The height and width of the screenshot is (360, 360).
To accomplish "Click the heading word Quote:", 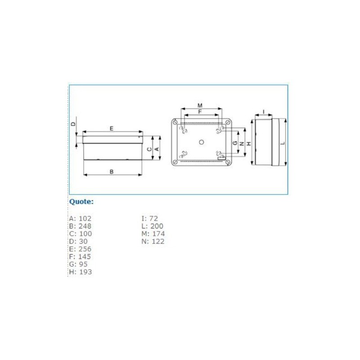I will point(81,202).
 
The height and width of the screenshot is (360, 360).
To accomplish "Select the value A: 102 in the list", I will point(80,218).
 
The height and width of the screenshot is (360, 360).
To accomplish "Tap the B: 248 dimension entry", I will point(80,226).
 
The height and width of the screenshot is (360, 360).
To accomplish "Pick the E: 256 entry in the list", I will point(80,249).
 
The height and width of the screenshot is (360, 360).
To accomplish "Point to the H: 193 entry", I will point(80,272).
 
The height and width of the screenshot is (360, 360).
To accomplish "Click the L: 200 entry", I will point(153,226).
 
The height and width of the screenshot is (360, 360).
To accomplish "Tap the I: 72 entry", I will point(150,218).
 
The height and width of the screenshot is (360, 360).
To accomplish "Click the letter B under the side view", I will point(112,171).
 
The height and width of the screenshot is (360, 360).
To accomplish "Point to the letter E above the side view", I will point(112,129).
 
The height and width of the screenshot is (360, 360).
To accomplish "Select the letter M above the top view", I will point(200,105).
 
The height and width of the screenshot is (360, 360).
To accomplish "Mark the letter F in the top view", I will point(200,111).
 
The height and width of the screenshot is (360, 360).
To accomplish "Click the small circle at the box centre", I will point(202,142).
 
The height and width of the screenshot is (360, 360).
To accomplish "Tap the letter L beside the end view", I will point(282,143).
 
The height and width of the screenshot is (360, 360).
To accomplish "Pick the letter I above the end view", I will point(264,111).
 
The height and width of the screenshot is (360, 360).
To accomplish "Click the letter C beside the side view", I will point(149,149).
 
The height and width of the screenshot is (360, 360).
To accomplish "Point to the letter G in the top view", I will point(234,143).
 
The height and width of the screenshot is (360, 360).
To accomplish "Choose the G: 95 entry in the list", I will point(78,264).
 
